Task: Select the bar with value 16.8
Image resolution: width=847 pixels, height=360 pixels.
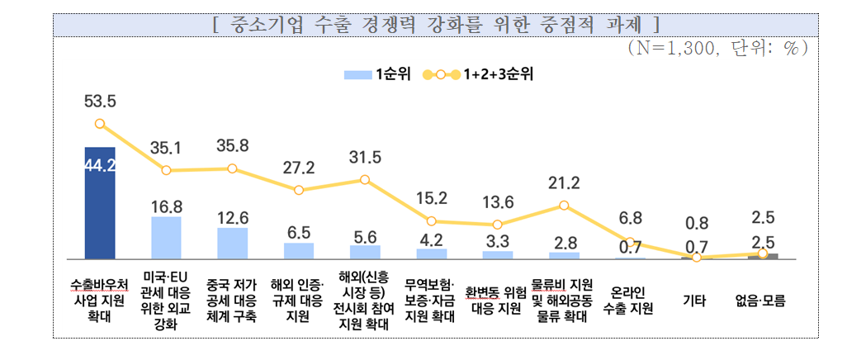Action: click(x=166, y=238)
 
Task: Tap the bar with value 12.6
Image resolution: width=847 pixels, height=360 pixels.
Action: click(x=232, y=243)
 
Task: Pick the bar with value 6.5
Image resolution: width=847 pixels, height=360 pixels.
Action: click(x=299, y=250)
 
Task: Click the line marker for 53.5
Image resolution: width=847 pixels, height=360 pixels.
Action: click(x=100, y=124)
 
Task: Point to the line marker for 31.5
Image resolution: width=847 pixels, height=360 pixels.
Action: click(x=365, y=179)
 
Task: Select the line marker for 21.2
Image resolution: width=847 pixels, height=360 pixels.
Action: click(x=564, y=205)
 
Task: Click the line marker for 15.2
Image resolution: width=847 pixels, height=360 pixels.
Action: click(x=431, y=221)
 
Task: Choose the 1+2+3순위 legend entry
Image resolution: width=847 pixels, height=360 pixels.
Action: click(x=479, y=74)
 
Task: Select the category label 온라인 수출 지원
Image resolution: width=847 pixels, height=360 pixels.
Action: click(x=630, y=302)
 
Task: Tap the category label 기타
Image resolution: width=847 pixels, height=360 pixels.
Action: click(x=696, y=302)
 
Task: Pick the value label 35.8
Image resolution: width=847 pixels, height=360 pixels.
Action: click(x=232, y=145)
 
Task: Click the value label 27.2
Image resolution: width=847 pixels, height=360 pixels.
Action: click(x=299, y=168)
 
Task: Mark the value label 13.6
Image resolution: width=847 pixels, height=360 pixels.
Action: click(x=497, y=202)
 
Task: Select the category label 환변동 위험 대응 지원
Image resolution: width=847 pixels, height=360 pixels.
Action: click(x=497, y=302)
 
